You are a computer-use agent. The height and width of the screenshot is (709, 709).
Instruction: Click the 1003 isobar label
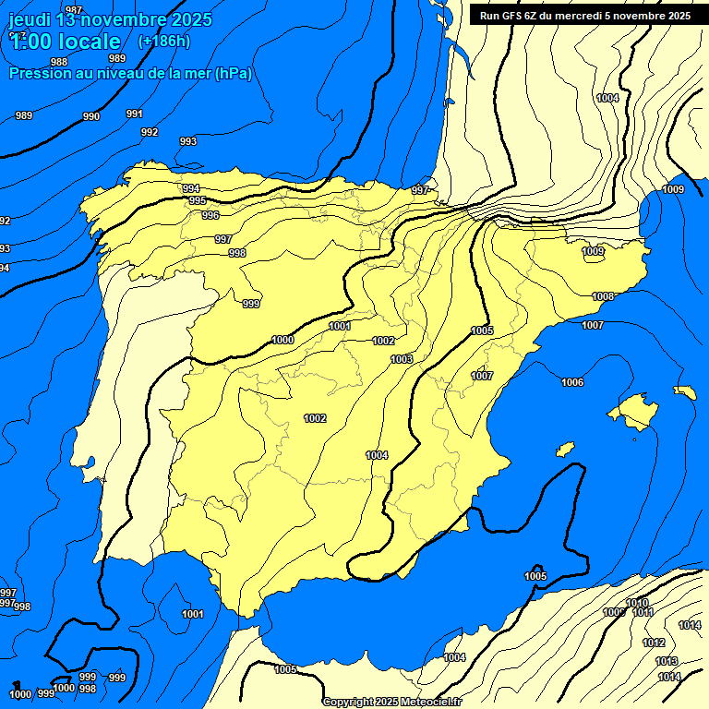pos(402,359)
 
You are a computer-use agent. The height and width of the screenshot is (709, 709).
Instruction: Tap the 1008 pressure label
pos(603,296)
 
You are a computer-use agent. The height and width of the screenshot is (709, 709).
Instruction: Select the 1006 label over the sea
pos(572,382)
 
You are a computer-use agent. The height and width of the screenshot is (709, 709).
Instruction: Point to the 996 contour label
pos(210,215)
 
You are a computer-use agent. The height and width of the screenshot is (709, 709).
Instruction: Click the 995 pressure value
pos(198,200)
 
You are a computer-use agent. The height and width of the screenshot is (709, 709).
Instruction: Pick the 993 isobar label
pos(187,141)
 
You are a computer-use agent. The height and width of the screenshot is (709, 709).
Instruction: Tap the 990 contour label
pos(91,116)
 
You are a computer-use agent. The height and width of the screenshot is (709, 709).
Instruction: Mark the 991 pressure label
pos(135,114)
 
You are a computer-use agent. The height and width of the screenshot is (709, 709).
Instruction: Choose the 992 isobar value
pos(150,132)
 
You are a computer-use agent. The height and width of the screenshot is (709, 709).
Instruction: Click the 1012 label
pos(654,643)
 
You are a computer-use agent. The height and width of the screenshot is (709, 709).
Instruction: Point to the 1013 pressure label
pos(667,661)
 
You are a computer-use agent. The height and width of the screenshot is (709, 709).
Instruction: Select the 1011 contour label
pos(643,612)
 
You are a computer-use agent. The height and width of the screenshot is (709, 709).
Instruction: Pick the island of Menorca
pos(684,391)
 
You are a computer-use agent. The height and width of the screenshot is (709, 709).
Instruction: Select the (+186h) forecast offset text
pos(163,42)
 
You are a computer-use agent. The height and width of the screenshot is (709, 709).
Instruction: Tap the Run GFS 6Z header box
pos(585,15)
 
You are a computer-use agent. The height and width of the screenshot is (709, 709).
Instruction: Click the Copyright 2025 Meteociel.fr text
pos(392,702)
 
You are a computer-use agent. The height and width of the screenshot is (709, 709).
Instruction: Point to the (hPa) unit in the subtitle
pos(234,73)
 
